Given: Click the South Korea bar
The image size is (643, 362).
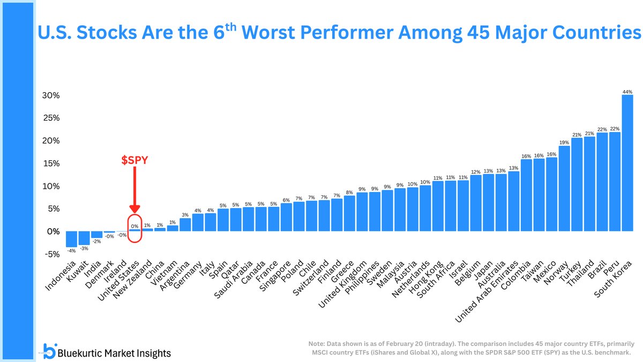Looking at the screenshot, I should click(x=627, y=163).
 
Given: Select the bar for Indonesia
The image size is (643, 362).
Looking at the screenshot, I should click(x=72, y=239).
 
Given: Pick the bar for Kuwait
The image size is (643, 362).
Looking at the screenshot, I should click(x=85, y=238).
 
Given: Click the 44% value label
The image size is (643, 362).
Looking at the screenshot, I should click(x=627, y=92).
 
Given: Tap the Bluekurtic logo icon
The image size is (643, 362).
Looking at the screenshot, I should click(x=49, y=351).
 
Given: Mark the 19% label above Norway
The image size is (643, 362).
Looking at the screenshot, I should click(x=564, y=142).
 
